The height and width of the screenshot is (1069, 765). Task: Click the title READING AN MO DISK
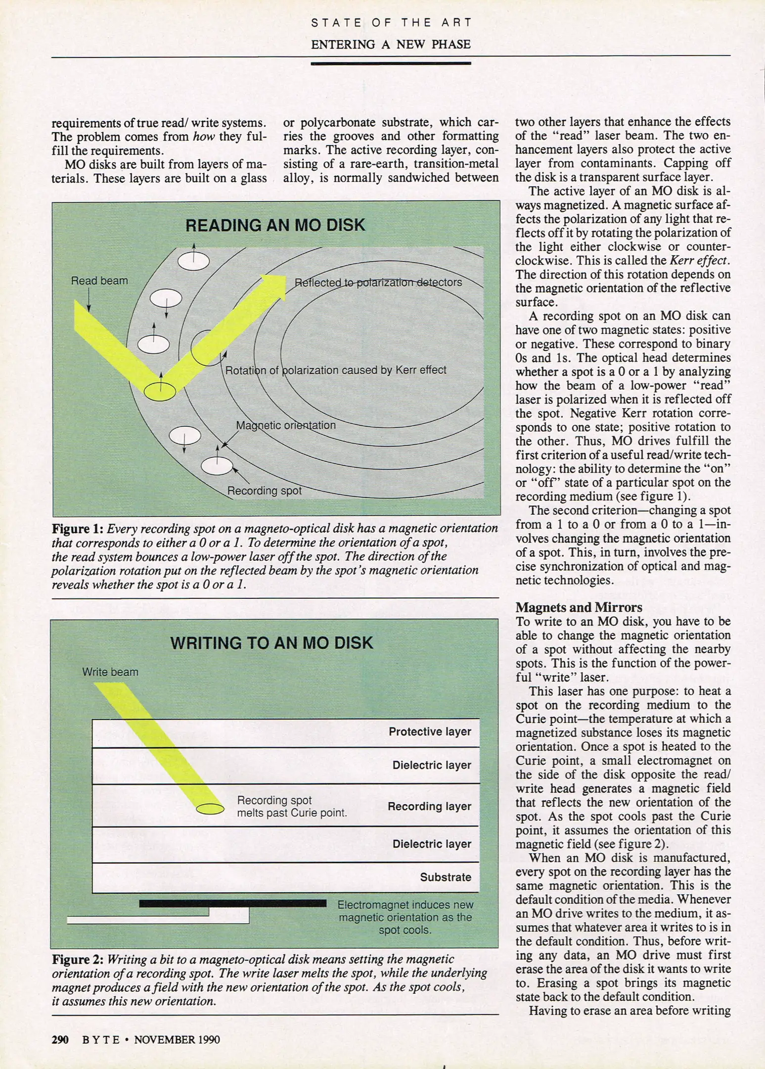pos(275,225)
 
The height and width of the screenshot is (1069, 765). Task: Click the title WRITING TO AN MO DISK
pos(271,643)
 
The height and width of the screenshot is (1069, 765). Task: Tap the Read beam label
pos(99,281)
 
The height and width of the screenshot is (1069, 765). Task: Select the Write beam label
pos(110,672)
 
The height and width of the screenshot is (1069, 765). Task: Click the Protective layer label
pos(429,731)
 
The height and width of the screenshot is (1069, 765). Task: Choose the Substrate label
pos(445,877)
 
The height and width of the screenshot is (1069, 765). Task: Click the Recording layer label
pos(429,806)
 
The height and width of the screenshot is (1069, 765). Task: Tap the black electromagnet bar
pos(232,903)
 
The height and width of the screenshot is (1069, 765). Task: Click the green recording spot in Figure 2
pos(210,809)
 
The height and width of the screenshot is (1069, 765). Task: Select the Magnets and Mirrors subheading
pos(579,607)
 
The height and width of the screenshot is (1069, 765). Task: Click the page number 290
pos(60,1039)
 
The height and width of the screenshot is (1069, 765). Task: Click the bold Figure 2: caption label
pos(77,959)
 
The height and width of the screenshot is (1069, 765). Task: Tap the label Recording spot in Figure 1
pos(264,490)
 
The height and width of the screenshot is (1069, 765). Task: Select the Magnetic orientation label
pos(285,425)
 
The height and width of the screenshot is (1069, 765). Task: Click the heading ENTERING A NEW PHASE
pos(390,45)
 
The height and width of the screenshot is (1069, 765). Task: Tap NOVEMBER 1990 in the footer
pos(177,1039)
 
